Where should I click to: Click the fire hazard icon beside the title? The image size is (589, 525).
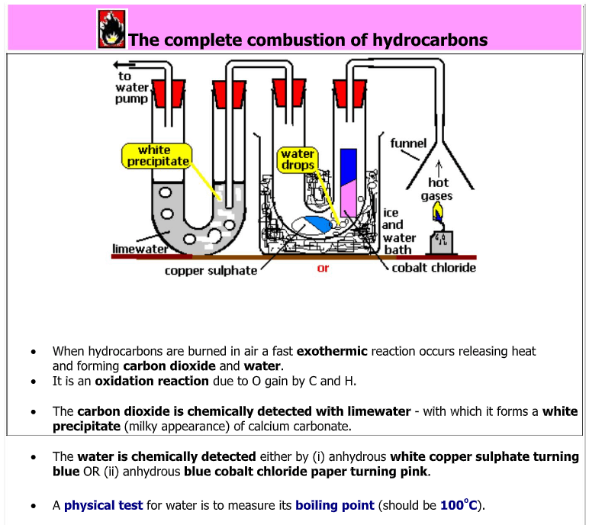(111, 30)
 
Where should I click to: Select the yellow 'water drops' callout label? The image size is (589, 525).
(298, 159)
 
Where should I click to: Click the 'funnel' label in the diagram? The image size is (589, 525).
(408, 143)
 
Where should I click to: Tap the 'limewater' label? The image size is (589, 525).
(139, 250)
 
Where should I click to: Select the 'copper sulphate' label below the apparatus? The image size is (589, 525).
(211, 271)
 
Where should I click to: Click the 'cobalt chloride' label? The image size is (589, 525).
(433, 268)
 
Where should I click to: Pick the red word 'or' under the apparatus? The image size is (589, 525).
(323, 269)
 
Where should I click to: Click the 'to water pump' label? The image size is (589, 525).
(131, 87)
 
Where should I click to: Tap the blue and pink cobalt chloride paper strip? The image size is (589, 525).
(349, 183)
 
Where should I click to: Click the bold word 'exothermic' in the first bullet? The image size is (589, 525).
(332, 351)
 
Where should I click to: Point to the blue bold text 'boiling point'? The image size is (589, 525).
(335, 505)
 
